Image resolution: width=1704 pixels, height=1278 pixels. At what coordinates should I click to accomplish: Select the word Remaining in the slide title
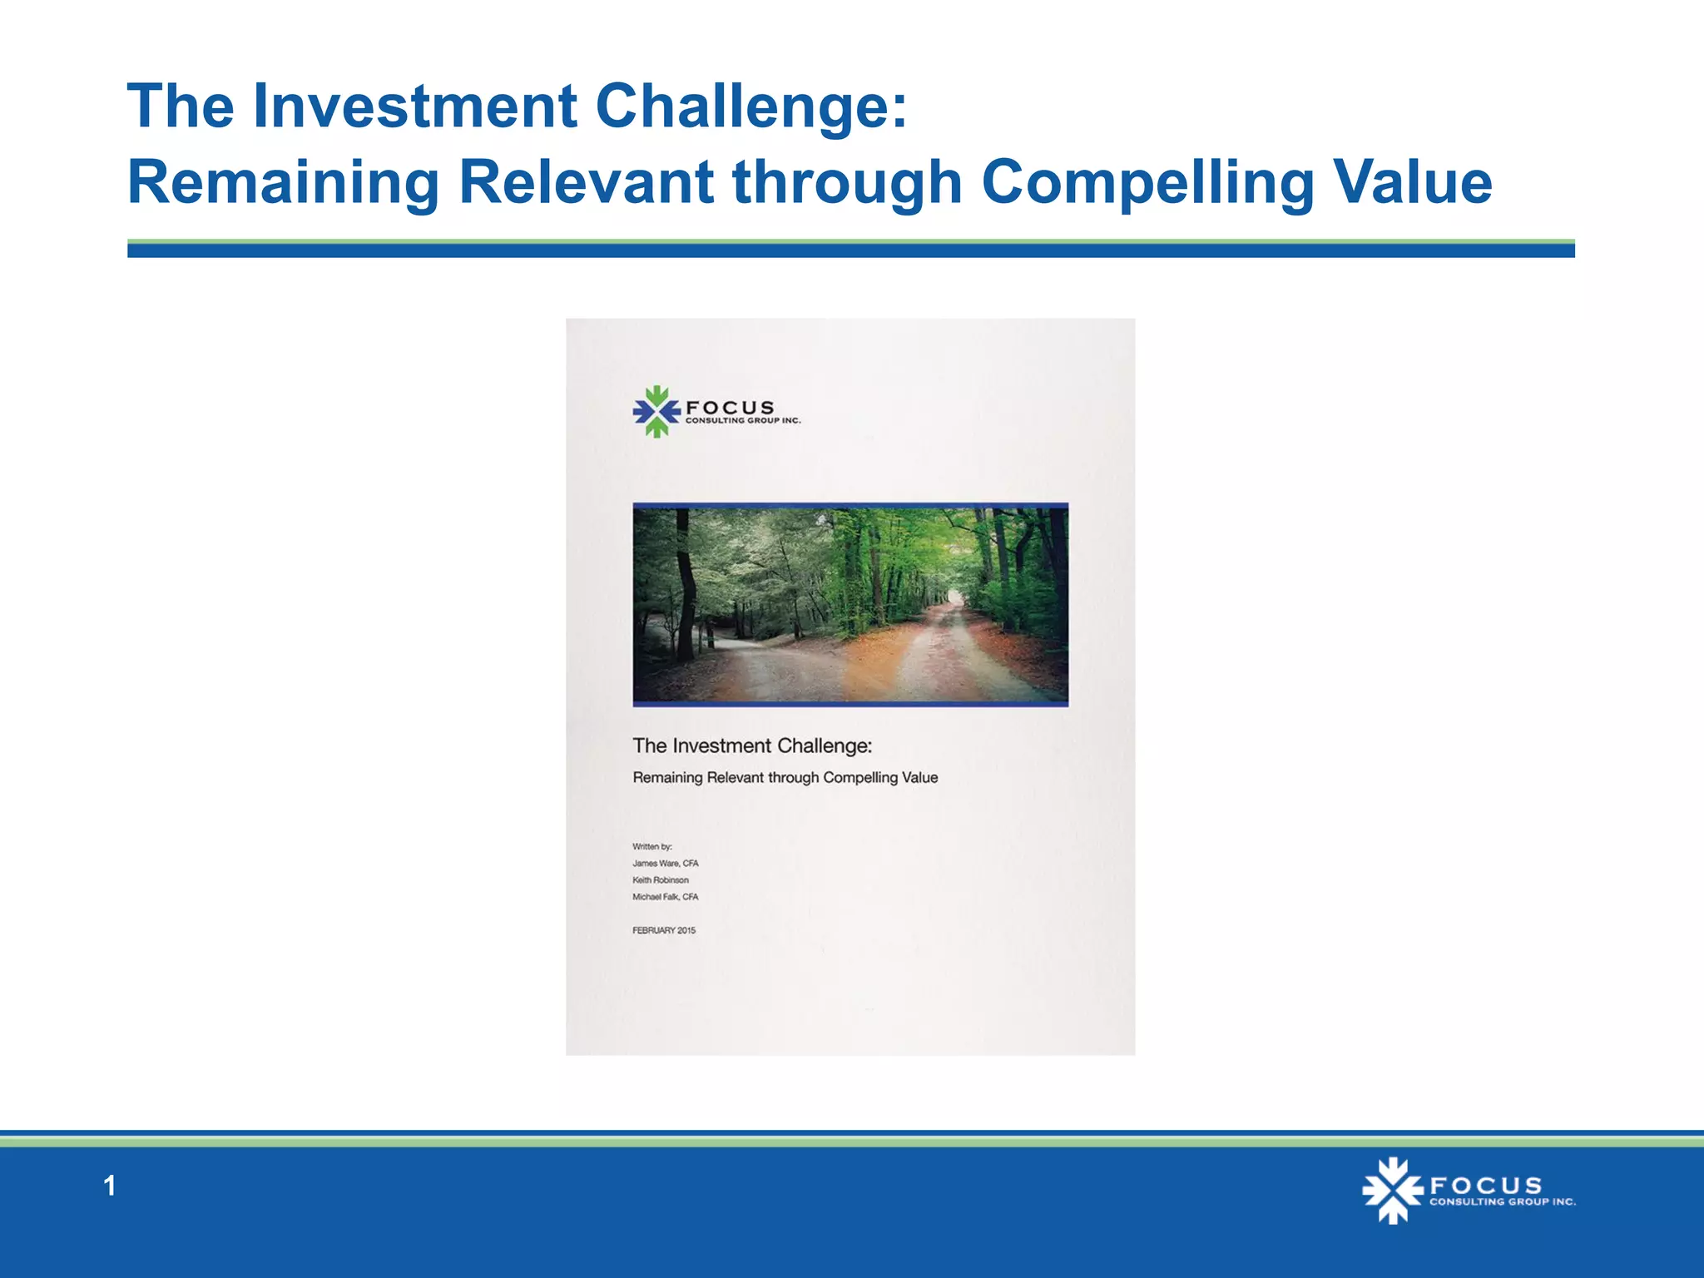tap(283, 183)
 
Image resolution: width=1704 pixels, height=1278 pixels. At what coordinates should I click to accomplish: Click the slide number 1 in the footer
tap(109, 1186)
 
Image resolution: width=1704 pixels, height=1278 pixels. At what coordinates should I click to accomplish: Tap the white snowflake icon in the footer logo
tap(1392, 1191)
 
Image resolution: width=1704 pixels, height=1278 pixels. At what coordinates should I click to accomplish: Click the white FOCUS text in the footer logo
tap(1485, 1185)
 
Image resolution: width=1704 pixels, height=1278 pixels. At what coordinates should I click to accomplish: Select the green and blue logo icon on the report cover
tap(656, 411)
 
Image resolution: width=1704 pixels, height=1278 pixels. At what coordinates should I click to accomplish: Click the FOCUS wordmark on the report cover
tap(730, 408)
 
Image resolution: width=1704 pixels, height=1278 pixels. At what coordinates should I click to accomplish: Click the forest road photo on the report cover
tap(850, 605)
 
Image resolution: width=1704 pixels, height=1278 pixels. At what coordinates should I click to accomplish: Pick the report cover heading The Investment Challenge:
tap(752, 745)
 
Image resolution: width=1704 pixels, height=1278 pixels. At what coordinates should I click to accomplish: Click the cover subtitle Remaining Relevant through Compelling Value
tap(785, 777)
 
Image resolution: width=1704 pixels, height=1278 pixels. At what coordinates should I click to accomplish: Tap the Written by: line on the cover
tap(651, 846)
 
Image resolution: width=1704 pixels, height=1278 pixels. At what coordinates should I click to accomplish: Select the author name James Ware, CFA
tap(665, 863)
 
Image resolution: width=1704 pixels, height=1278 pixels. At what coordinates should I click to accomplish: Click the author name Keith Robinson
tap(660, 879)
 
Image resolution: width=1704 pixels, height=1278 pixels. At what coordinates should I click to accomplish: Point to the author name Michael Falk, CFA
tap(665, 897)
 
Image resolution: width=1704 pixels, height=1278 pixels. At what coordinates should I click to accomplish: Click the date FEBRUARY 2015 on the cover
tap(663, 930)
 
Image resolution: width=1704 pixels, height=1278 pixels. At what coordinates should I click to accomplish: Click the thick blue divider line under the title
tap(850, 250)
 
